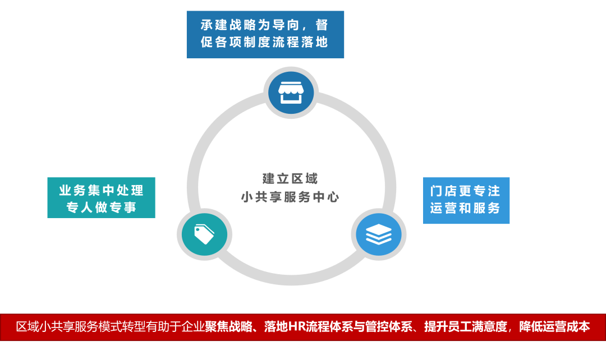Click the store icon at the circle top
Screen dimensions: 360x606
[x=290, y=93]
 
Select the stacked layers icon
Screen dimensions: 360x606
[x=379, y=234]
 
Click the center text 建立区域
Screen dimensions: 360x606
[x=290, y=179]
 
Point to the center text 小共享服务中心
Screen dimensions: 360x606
[x=290, y=197]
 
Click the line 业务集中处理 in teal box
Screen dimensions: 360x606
[x=102, y=191]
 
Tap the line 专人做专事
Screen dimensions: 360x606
[x=102, y=207]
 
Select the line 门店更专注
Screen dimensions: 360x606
[x=465, y=191]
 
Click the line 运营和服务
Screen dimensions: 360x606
[x=465, y=208]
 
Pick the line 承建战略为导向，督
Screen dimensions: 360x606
[x=264, y=25]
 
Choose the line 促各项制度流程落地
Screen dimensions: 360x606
[x=264, y=43]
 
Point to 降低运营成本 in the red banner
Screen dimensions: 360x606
[x=554, y=326]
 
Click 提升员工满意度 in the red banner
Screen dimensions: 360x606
[x=466, y=326]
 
